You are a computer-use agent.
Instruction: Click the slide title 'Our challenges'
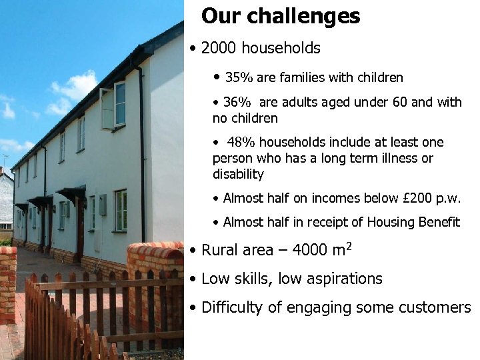click(x=281, y=16)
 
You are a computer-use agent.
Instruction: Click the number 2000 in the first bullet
click(x=219, y=49)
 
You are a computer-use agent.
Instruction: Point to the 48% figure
click(x=241, y=143)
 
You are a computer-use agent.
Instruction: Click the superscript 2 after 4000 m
click(x=348, y=245)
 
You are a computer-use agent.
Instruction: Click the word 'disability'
click(x=238, y=175)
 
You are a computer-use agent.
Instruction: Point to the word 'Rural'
click(x=219, y=251)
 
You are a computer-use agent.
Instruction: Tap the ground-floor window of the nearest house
click(x=120, y=210)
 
